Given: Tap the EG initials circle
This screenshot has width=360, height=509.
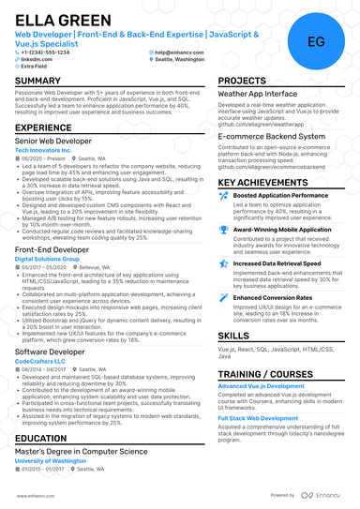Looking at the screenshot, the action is (315, 41).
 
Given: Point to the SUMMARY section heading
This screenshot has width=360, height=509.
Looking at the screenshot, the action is (38, 82).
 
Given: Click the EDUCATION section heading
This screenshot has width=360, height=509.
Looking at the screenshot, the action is (40, 438).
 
